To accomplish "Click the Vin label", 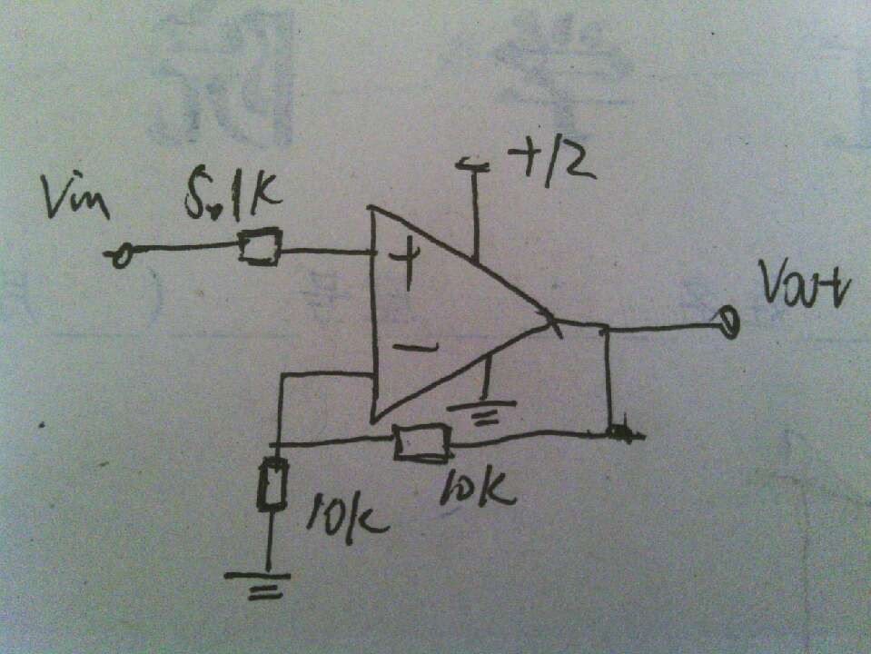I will click(x=75, y=199).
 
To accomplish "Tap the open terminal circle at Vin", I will click(x=118, y=258).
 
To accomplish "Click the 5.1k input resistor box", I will click(x=259, y=246).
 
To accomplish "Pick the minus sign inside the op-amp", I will click(x=415, y=345).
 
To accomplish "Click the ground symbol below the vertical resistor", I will click(x=258, y=581).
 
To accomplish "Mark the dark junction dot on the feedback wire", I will click(x=620, y=433).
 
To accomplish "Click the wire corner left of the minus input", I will click(x=282, y=376).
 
